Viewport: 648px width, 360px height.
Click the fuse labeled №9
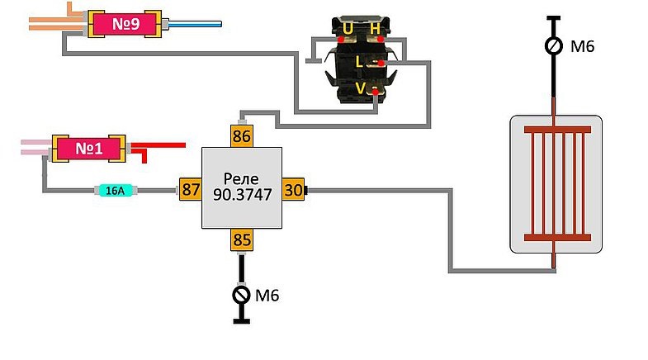(125, 24)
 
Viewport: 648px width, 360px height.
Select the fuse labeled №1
(89, 149)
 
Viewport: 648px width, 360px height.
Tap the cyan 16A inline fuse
(116, 190)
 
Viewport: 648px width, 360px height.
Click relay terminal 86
(242, 136)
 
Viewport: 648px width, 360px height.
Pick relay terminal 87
(191, 189)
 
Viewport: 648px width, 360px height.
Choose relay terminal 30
(293, 189)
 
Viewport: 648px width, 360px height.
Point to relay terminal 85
(242, 239)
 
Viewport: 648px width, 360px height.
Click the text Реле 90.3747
(242, 187)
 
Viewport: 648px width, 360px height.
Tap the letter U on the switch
(348, 29)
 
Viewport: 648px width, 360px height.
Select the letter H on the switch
(375, 29)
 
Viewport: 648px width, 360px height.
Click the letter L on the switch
(359, 63)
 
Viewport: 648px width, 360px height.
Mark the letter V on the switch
(361, 88)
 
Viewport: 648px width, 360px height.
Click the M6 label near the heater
(582, 46)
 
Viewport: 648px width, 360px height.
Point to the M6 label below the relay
(267, 296)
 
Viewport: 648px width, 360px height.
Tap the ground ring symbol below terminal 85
(241, 295)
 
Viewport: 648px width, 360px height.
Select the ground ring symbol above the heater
(553, 46)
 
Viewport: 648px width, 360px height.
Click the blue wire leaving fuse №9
(192, 24)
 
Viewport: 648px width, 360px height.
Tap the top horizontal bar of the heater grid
(557, 130)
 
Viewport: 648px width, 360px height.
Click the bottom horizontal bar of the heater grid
(557, 238)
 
